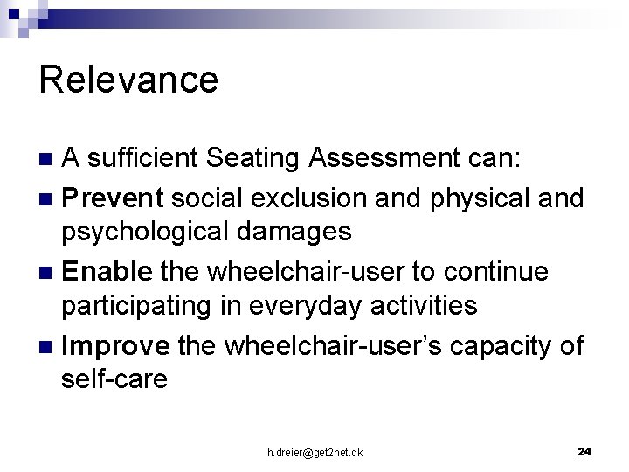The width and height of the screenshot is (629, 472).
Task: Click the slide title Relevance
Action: point(128,80)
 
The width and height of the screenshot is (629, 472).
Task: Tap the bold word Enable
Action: point(107,272)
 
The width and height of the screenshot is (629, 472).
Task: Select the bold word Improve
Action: point(116,345)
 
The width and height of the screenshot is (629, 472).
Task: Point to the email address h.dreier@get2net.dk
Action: point(315,452)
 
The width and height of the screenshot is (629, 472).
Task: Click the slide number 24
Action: point(584,451)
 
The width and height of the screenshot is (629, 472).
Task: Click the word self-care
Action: point(114,380)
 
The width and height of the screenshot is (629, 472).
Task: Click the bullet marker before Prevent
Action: point(47,199)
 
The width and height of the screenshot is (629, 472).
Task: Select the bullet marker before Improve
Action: point(47,346)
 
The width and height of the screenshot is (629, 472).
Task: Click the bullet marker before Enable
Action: point(47,273)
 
